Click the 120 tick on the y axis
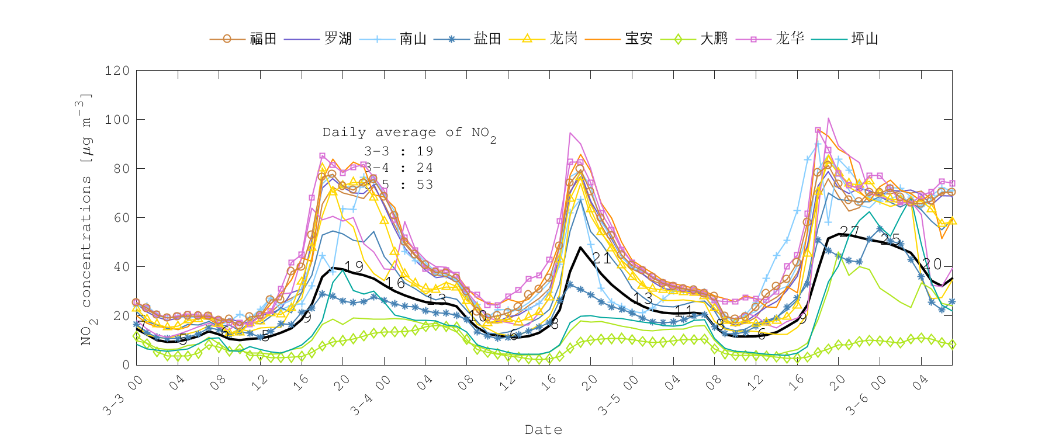[x=117, y=71]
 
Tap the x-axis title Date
[x=544, y=430]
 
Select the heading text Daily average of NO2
[x=409, y=133]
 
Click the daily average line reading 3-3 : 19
[x=399, y=151]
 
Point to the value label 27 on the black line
[x=849, y=232]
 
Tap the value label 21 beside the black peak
[x=601, y=258]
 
